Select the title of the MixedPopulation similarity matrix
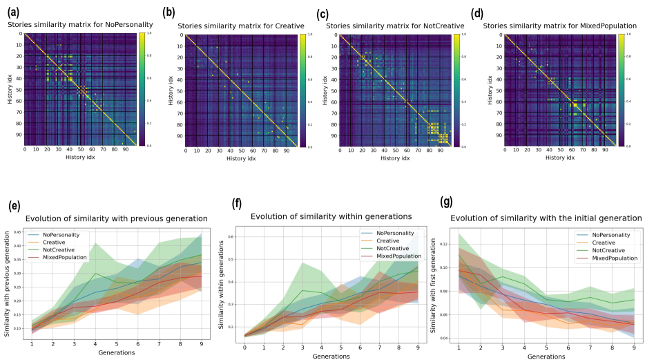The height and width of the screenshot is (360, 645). [560, 26]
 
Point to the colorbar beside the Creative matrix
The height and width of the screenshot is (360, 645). [302, 91]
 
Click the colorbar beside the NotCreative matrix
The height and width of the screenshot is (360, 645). [455, 90]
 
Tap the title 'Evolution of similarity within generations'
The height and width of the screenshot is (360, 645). [331, 217]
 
